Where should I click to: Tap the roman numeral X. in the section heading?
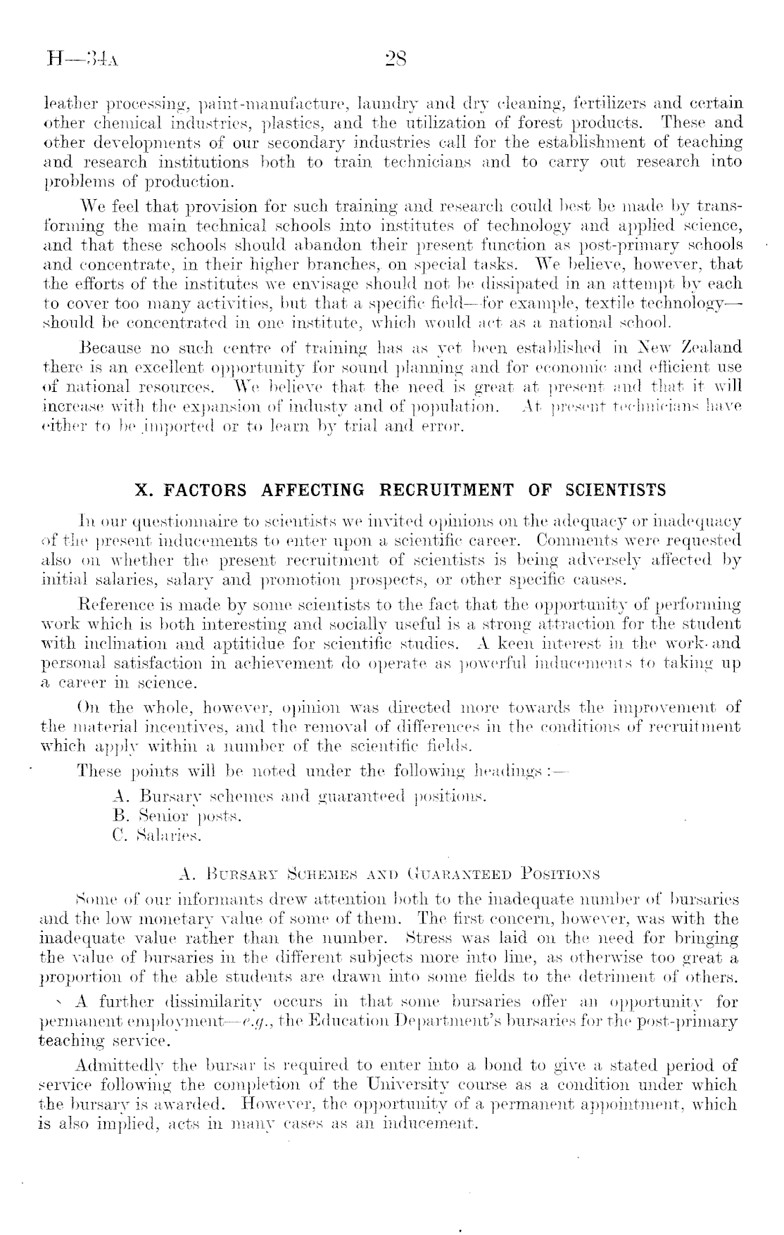[x=145, y=489]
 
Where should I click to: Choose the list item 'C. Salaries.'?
[x=157, y=836]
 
